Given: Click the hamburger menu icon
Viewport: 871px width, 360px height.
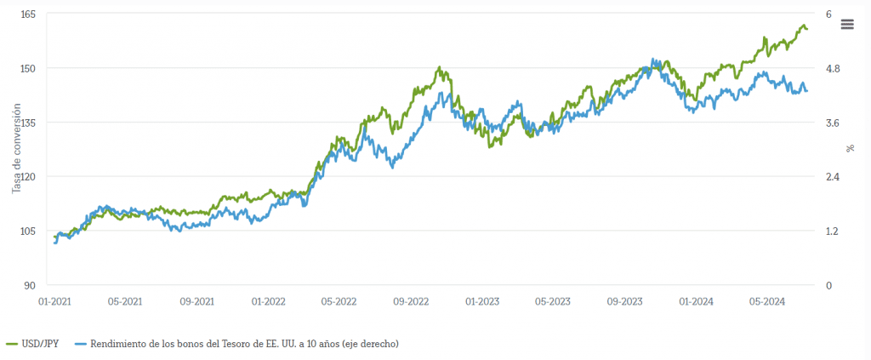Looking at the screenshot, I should tap(846, 24).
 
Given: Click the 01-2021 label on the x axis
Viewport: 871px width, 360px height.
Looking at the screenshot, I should tap(54, 301).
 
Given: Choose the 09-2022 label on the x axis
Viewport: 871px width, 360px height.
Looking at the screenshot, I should tap(411, 301).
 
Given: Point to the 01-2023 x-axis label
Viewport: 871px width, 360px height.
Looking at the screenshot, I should tap(482, 301).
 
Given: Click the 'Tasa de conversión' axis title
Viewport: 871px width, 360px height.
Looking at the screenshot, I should tap(16, 149).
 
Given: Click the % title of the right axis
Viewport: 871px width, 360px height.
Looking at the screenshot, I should tap(850, 149).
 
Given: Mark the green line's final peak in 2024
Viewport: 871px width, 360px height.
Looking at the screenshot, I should tap(804, 26).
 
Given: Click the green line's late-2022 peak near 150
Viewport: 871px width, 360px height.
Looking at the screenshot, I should tap(440, 67).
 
